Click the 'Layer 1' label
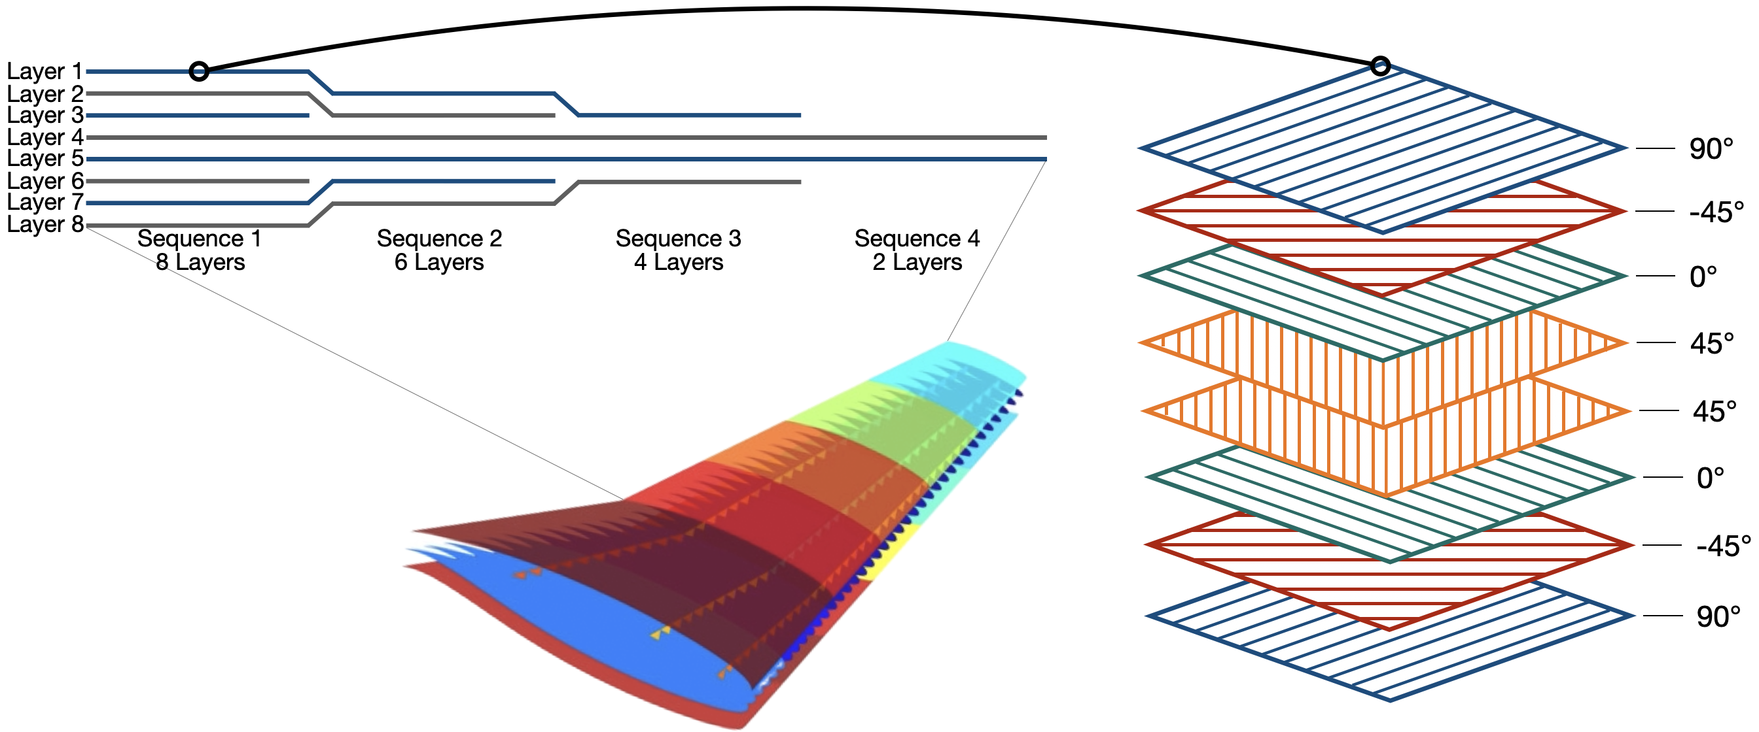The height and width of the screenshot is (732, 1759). click(44, 71)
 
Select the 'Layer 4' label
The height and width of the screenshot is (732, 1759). click(44, 137)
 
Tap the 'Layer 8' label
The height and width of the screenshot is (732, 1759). click(44, 224)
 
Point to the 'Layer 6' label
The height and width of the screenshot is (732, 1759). click(44, 181)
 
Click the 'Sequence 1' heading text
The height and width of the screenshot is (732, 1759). click(200, 238)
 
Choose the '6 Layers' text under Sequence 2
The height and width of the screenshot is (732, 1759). click(439, 262)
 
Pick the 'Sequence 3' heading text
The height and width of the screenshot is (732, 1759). click(678, 238)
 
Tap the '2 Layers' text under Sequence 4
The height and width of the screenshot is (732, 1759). click(917, 262)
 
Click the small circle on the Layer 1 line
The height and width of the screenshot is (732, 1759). click(199, 71)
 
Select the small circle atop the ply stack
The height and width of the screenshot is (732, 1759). click(1380, 66)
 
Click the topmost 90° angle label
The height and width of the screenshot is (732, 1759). click(1711, 149)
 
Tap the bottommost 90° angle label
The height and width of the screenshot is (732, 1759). click(1718, 617)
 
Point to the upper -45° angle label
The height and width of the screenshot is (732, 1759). click(1716, 212)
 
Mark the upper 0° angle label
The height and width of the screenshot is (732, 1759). click(1703, 277)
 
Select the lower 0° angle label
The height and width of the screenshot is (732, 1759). click(1710, 478)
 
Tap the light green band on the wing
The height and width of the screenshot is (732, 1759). click(881, 416)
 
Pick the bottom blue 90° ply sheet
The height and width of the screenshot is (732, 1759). click(1389, 655)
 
